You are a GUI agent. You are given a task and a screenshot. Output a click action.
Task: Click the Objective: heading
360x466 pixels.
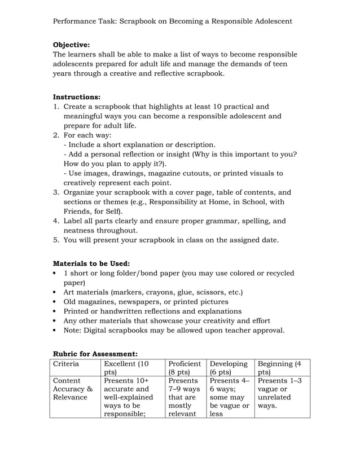71,45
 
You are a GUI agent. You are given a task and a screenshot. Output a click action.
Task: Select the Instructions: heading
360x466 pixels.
76,97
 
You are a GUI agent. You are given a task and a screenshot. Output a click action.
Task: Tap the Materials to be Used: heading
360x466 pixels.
91,263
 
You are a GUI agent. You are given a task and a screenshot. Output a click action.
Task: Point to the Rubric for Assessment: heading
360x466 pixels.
95,354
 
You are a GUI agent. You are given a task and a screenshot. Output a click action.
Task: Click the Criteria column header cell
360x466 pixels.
66,364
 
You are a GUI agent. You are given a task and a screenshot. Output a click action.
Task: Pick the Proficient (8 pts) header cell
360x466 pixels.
185,368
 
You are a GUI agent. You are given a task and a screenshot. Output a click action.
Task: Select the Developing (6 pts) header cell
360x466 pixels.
229,368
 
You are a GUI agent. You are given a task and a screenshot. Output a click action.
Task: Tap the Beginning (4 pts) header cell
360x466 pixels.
279,368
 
